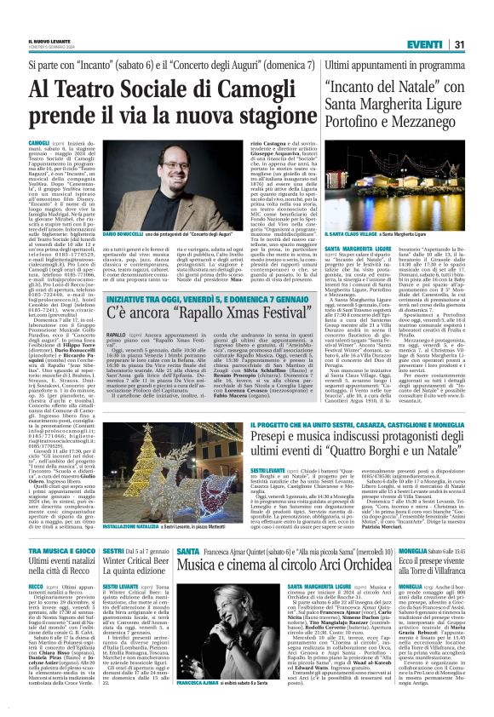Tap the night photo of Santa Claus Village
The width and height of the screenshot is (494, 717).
tap(393, 189)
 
